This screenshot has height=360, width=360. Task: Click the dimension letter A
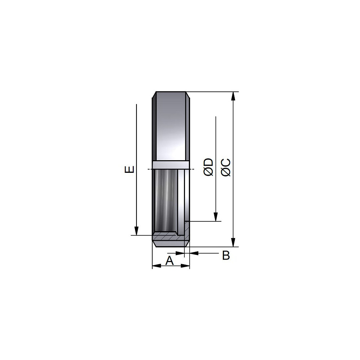170,261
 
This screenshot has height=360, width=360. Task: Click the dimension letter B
226,255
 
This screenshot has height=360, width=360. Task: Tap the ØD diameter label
209,167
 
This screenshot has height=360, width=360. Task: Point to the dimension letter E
129,170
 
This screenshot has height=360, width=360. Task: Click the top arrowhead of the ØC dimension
233,96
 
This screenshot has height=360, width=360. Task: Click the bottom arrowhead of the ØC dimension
233,242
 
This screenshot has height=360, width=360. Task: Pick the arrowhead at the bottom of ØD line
216,217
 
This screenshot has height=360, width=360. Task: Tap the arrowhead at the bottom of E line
136,231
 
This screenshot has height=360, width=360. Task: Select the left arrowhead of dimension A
157,266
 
